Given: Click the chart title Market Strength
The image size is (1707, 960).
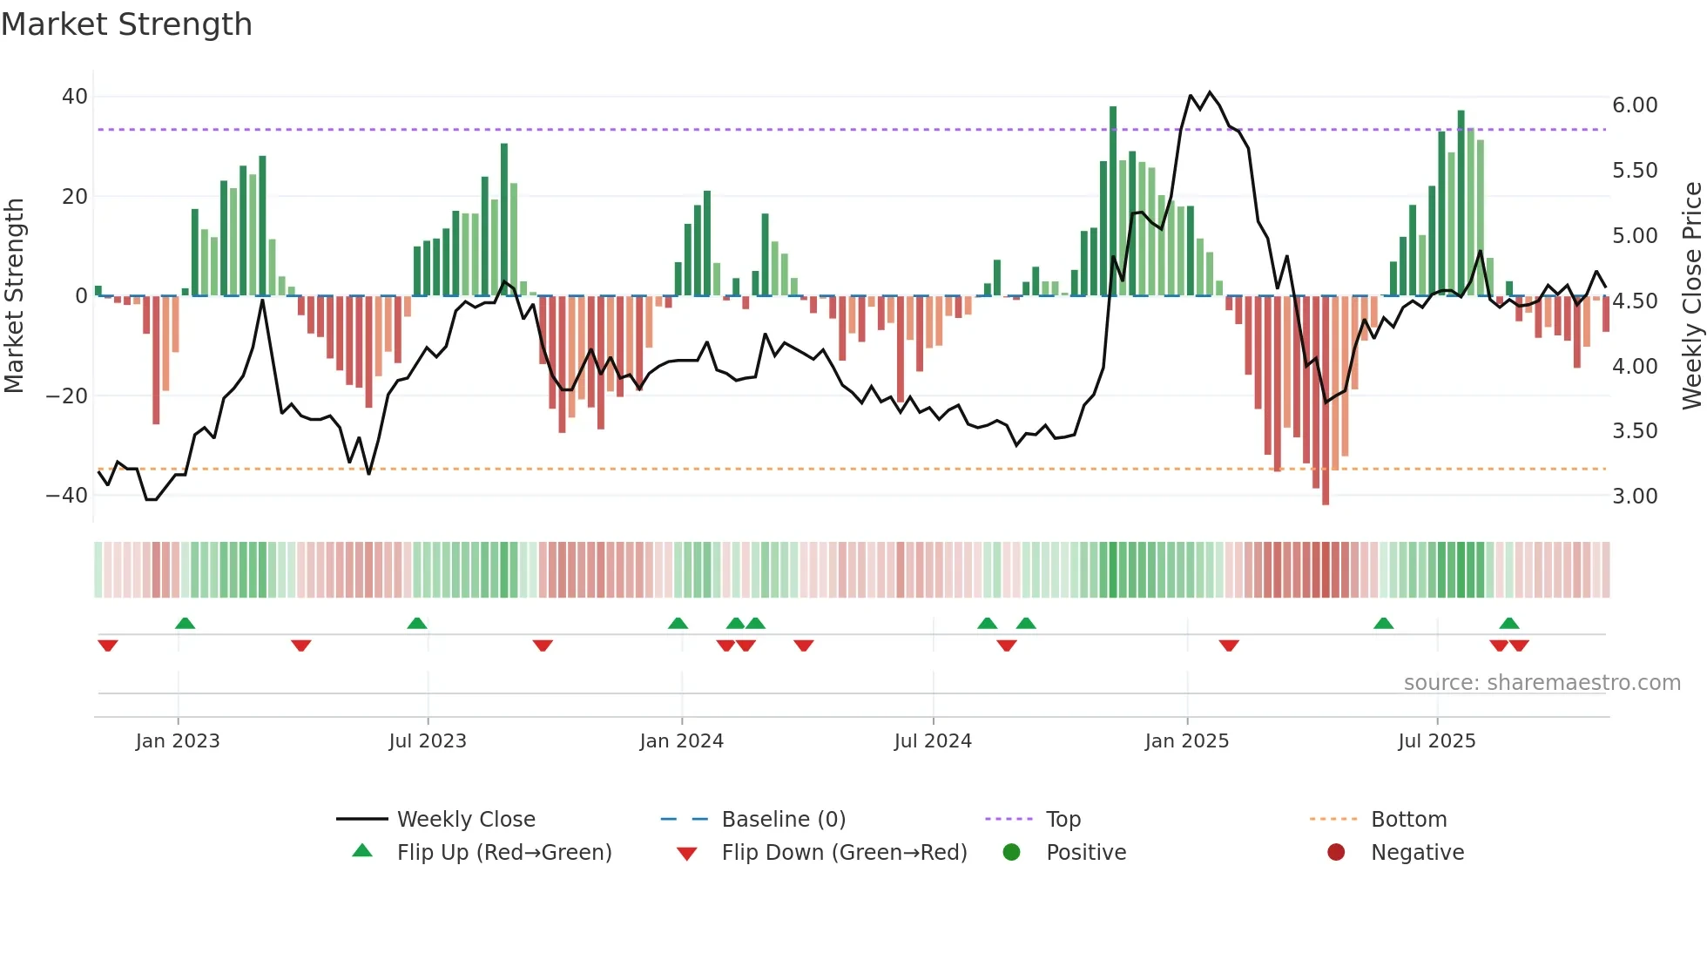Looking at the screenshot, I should [x=127, y=24].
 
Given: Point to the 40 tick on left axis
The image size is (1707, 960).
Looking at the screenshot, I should [x=75, y=97].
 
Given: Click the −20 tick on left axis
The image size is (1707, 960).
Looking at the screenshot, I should [x=67, y=395].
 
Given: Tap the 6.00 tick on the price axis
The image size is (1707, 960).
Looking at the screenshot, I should [x=1635, y=105].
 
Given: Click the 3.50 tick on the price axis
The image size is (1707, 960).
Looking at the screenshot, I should [x=1635, y=431].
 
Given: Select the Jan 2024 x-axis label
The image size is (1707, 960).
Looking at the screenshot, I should [x=681, y=741].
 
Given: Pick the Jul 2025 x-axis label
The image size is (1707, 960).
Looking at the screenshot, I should [x=1436, y=741].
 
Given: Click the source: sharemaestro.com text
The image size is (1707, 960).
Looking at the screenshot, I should [x=1542, y=683].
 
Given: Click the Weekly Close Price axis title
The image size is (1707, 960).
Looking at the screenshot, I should [x=1691, y=295].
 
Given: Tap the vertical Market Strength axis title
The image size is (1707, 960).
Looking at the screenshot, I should [x=15, y=295].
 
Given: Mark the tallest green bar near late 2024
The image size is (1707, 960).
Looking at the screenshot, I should [x=1113, y=200].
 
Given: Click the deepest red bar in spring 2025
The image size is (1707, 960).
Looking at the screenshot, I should [x=1326, y=401].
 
